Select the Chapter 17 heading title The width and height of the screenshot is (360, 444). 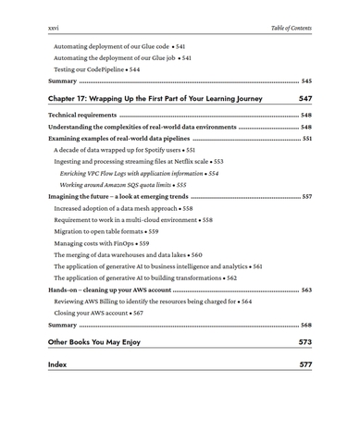tap(155, 98)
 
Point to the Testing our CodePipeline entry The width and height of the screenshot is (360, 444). tap(97, 69)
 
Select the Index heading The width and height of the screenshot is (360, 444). tap(56, 364)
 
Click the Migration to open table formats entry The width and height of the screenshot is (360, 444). tap(107, 231)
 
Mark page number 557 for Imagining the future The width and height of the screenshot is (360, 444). tap(306, 197)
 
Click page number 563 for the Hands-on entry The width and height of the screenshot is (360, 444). tap(306, 290)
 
